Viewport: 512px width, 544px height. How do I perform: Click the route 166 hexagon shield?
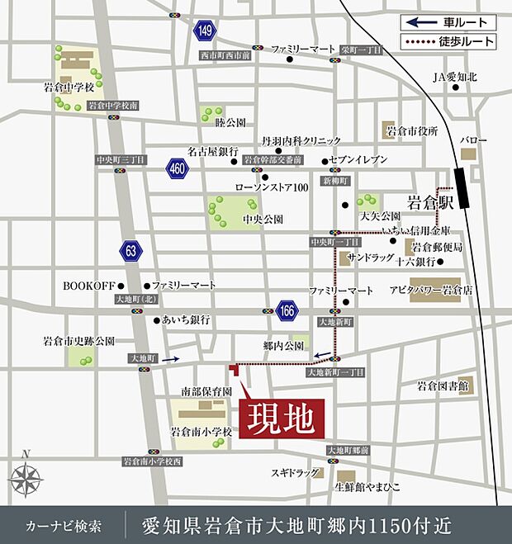coord(287,310)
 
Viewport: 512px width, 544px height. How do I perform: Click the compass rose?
coord(26,478)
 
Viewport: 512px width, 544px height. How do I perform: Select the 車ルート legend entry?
coord(449,22)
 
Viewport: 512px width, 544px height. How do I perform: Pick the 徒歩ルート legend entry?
coord(449,40)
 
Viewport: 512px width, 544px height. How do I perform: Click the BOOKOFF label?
coord(88,285)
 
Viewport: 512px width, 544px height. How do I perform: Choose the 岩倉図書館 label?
coord(443,386)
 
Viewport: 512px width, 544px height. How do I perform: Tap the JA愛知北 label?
coord(455,78)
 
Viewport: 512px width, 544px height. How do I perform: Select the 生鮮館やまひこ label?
coord(367,487)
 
